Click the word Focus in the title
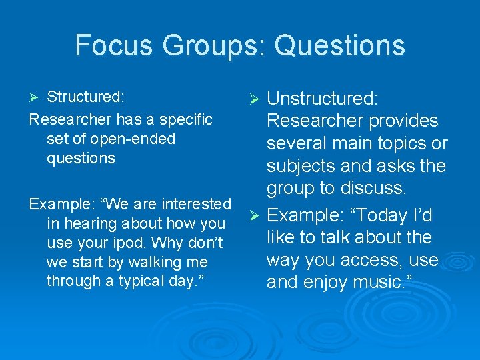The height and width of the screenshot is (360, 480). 114,45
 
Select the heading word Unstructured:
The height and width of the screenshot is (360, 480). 323,99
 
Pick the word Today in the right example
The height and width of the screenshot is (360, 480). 377,215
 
